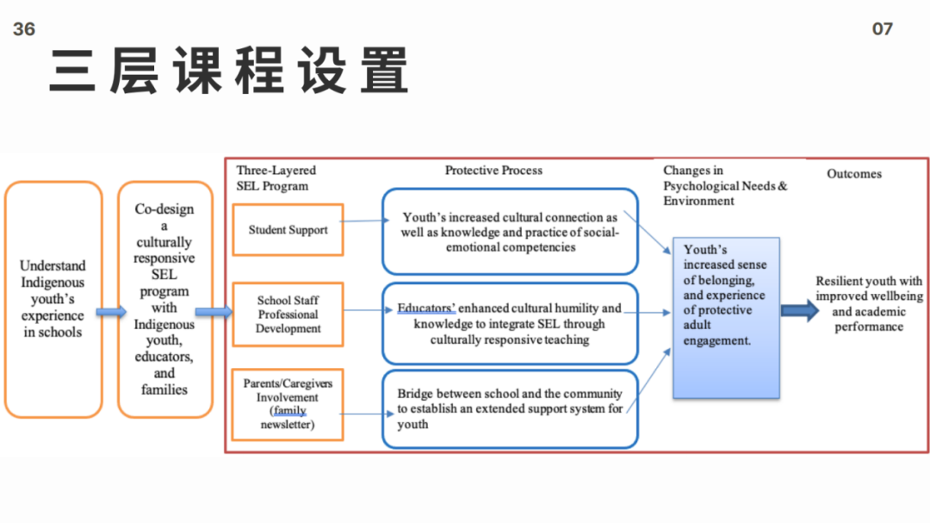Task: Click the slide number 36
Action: click(x=24, y=29)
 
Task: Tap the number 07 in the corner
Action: click(x=883, y=29)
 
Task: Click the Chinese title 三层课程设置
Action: click(x=228, y=71)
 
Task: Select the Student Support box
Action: click(x=288, y=230)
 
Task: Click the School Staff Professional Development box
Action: click(x=288, y=314)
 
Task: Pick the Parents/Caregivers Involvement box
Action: click(x=288, y=404)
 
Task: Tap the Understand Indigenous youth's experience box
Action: click(x=53, y=299)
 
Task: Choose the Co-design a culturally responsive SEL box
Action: click(x=164, y=299)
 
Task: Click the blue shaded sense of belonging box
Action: click(x=725, y=317)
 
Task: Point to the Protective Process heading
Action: click(x=493, y=171)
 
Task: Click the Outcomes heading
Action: click(x=854, y=174)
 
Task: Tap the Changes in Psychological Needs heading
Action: click(x=724, y=185)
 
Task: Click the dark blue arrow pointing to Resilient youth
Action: click(x=800, y=311)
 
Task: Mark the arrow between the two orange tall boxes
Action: click(x=110, y=312)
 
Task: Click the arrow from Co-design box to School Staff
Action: click(x=214, y=312)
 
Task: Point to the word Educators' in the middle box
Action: click(x=426, y=308)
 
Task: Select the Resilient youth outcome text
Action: click(x=868, y=304)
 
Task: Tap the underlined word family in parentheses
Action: click(x=289, y=411)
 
